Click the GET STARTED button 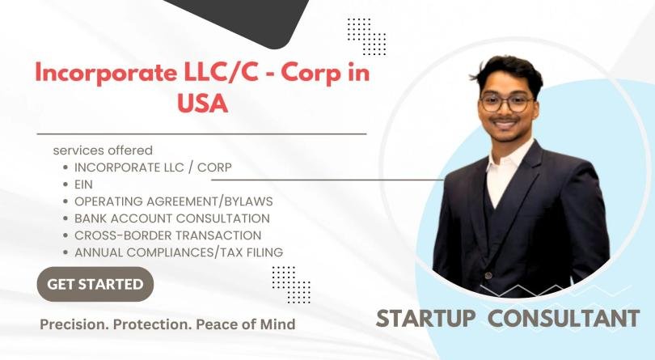[95, 284]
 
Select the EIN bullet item [84, 184]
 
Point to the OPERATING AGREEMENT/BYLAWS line [173, 201]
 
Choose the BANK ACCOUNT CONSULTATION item [171, 218]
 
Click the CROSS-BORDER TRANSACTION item [168, 235]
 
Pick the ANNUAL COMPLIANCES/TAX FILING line [178, 252]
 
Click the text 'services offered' [103, 150]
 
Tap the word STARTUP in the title [428, 318]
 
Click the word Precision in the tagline [72, 324]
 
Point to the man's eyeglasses [506, 104]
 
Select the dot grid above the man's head [366, 36]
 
